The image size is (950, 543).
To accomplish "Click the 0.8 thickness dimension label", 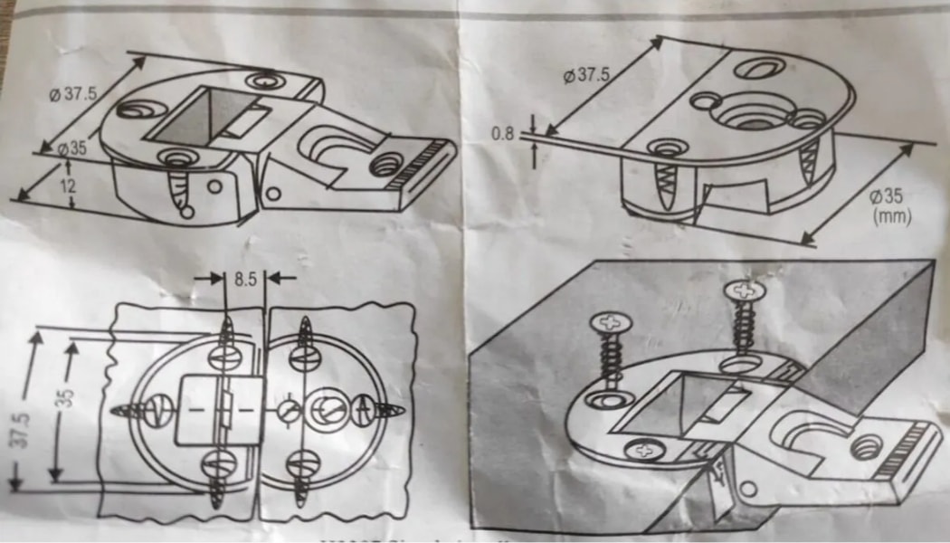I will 502,134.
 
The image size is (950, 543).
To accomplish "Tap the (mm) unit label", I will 892,217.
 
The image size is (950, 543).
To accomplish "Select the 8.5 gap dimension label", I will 244,279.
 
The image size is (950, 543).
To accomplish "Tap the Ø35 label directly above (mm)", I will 889,197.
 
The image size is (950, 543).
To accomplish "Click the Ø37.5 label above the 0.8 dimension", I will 587,75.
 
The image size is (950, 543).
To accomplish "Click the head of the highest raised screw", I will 744,291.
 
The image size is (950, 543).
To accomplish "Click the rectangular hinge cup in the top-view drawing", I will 220,411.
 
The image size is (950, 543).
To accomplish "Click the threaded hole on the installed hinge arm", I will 867,447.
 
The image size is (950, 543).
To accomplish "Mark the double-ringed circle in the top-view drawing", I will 323,411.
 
